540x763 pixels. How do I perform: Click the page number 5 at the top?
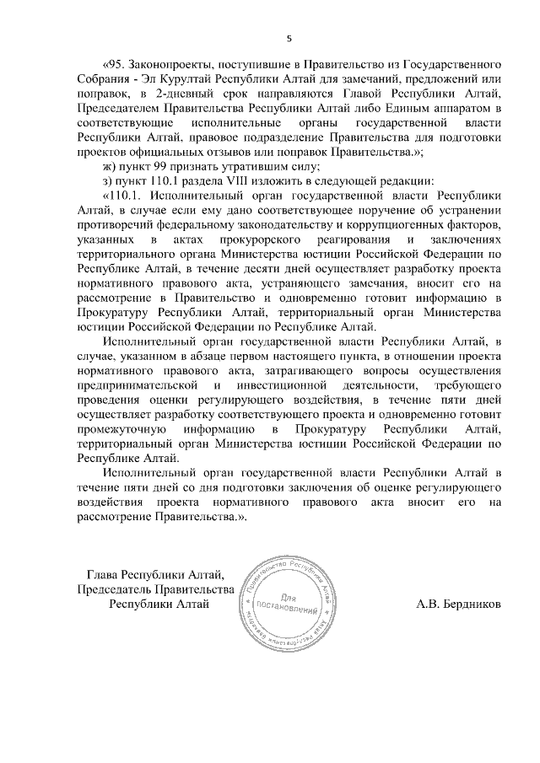coord(289,38)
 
